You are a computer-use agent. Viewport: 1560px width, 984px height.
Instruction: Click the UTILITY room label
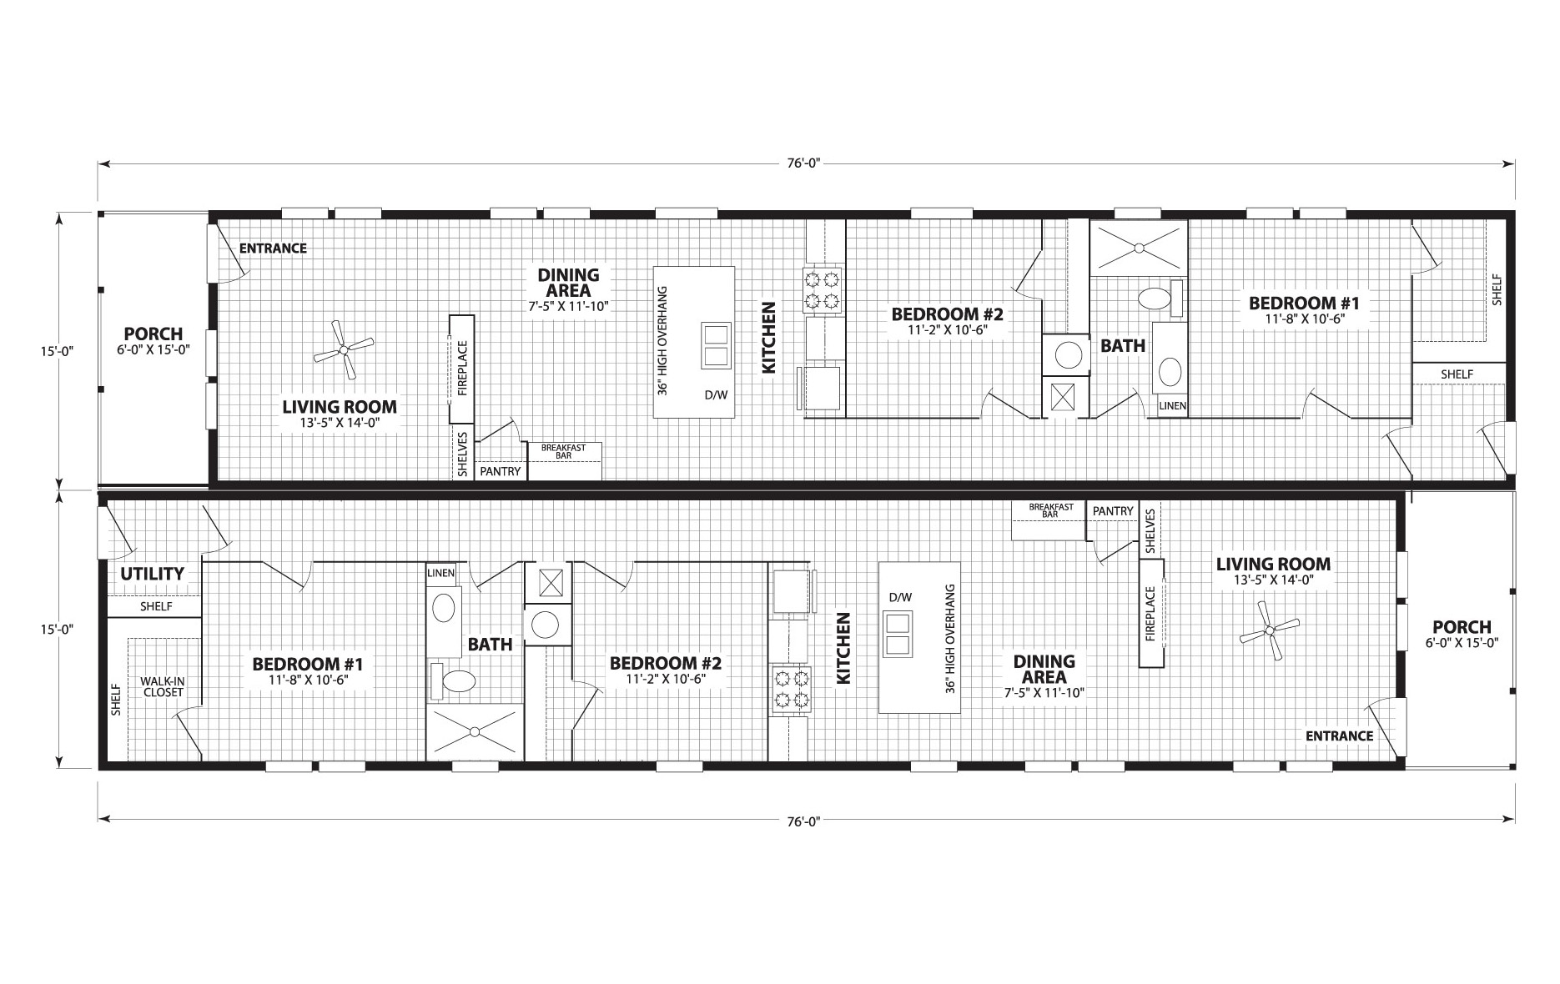[152, 574]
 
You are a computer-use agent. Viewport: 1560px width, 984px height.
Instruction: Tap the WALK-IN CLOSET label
[163, 686]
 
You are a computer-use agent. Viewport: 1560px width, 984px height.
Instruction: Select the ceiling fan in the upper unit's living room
[343, 350]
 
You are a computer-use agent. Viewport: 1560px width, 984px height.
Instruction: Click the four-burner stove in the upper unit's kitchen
[822, 289]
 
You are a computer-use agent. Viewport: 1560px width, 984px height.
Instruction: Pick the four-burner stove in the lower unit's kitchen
[790, 689]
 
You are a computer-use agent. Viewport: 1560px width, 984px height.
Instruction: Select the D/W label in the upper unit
[716, 394]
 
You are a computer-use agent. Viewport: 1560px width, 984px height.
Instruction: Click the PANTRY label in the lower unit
[1113, 511]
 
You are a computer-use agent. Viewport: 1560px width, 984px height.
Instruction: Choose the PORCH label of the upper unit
[153, 334]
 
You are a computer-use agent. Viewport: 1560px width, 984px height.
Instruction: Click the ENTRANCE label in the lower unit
[1339, 735]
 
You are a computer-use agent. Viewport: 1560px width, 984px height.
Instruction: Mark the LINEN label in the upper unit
[1172, 406]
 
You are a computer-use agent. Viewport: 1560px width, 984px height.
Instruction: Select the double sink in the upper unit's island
[716, 345]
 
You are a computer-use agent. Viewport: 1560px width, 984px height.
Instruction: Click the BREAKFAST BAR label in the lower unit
[1050, 510]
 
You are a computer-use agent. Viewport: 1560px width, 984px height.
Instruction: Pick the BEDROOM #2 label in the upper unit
[947, 314]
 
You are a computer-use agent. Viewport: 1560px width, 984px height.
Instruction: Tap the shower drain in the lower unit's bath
[473, 732]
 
